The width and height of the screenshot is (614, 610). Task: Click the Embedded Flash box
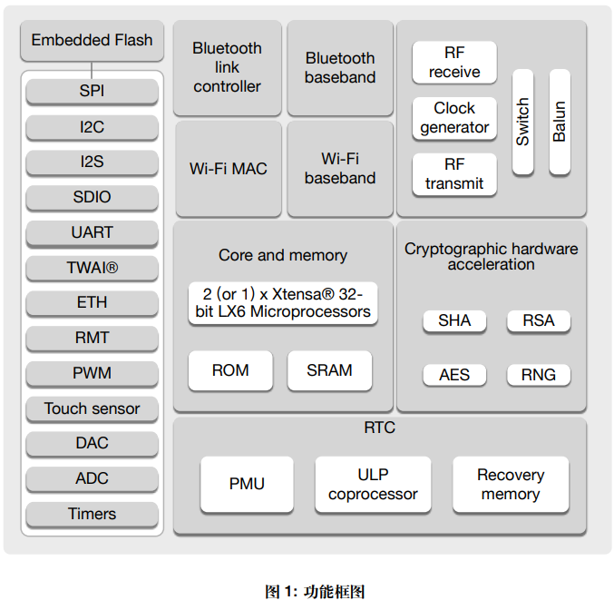click(x=92, y=41)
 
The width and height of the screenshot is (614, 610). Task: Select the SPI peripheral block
click(x=92, y=92)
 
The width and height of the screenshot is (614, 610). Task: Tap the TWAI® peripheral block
click(x=92, y=268)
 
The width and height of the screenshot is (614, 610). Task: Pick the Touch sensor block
click(x=92, y=408)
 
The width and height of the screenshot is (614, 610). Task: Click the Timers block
click(x=92, y=514)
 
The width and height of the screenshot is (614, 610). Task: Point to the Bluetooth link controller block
click(x=227, y=68)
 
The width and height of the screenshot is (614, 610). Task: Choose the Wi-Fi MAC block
click(x=228, y=169)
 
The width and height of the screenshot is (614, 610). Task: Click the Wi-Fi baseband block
click(x=340, y=169)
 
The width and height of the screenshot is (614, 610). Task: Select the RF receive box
click(x=454, y=63)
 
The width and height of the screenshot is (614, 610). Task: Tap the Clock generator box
click(x=454, y=118)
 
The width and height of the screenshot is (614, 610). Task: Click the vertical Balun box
click(x=560, y=122)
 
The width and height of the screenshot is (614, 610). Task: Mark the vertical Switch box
click(x=523, y=122)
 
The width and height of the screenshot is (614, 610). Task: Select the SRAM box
click(x=329, y=370)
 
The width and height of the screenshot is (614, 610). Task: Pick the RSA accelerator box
click(x=539, y=320)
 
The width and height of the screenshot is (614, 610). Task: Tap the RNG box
click(x=539, y=375)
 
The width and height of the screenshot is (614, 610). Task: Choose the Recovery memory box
click(x=511, y=485)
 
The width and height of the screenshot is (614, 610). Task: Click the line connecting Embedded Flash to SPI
click(x=92, y=69)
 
